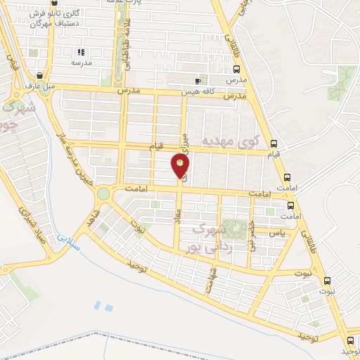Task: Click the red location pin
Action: click(x=181, y=166)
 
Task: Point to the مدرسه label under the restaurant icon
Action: click(x=82, y=63)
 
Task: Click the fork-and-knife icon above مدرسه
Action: click(x=81, y=52)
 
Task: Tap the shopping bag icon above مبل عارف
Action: click(x=39, y=74)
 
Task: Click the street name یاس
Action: click(x=281, y=232)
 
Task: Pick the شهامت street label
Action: click(x=210, y=281)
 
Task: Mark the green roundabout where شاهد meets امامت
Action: click(x=103, y=191)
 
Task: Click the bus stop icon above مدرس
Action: click(x=236, y=70)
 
